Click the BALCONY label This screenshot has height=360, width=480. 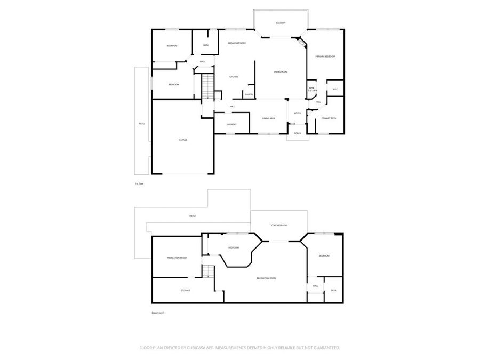pyautogui.click(x=281, y=23)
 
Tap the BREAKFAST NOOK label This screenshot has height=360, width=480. pyautogui.click(x=237, y=43)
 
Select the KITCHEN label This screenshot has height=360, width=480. pyautogui.click(x=234, y=77)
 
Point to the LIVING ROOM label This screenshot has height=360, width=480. pyautogui.click(x=281, y=71)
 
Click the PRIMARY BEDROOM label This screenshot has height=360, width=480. pyautogui.click(x=325, y=57)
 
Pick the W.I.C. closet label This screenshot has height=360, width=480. pyautogui.click(x=335, y=89)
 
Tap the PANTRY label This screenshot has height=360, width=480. pyautogui.click(x=249, y=94)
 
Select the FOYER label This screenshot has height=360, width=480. pyautogui.click(x=298, y=113)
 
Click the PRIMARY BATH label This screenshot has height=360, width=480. pyautogui.click(x=329, y=118)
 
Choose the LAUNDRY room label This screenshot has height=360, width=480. pyautogui.click(x=231, y=124)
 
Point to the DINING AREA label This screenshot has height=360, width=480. pyautogui.click(x=268, y=118)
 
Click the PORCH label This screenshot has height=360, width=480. pyautogui.click(x=298, y=133)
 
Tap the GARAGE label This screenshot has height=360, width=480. pyautogui.click(x=182, y=140)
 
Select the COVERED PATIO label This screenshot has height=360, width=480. pyautogui.click(x=279, y=226)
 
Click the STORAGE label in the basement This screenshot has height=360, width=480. pyautogui.click(x=185, y=290)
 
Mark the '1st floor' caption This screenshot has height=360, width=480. pyautogui.click(x=139, y=183)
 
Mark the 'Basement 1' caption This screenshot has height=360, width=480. pyautogui.click(x=158, y=313)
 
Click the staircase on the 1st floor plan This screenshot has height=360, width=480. pyautogui.click(x=207, y=86)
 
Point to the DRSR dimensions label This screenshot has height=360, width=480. pyautogui.click(x=312, y=89)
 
